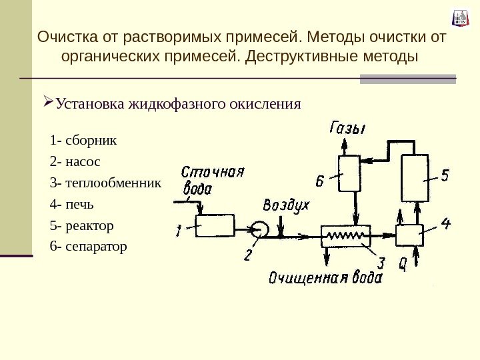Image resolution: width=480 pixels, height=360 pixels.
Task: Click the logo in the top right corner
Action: [460, 18]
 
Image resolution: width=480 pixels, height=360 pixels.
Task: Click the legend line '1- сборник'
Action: [83, 141]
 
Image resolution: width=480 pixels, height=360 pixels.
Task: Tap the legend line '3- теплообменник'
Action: [105, 183]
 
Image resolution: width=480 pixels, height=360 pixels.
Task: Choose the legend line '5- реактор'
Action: [81, 225]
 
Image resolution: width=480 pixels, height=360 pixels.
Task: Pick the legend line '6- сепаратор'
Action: [87, 247]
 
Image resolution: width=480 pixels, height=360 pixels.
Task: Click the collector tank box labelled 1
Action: [213, 227]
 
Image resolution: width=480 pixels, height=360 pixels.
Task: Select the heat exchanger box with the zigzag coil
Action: [345, 235]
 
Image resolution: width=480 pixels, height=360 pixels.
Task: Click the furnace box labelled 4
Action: [409, 235]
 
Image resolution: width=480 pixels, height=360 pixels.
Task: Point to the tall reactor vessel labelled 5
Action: [414, 178]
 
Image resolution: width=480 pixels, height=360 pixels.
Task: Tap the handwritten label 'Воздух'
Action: [286, 205]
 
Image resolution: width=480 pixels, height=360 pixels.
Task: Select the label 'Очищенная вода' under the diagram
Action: [325, 277]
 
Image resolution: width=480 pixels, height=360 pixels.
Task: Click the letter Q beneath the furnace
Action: [403, 264]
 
